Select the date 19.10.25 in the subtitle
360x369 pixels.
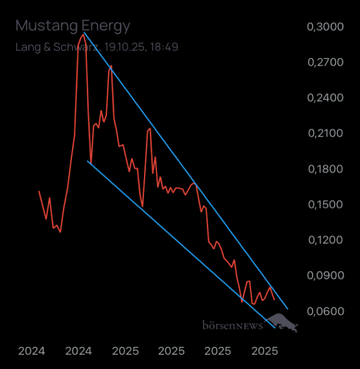click(x=125, y=47)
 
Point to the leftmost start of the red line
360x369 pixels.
click(x=39, y=191)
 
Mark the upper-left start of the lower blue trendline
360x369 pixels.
click(x=89, y=162)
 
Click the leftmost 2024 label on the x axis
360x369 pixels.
click(x=31, y=351)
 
